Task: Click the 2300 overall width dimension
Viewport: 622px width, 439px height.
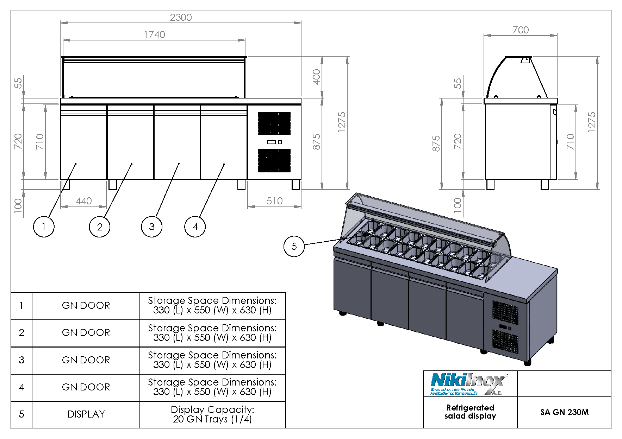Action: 181,17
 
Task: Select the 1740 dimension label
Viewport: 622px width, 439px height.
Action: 154,34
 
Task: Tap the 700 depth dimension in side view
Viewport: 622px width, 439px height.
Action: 521,30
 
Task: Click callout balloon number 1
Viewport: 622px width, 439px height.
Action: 44,227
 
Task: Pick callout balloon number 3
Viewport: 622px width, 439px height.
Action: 151,227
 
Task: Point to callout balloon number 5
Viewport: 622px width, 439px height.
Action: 294,246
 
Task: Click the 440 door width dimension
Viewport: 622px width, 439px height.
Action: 83,201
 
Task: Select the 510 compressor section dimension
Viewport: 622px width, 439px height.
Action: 274,201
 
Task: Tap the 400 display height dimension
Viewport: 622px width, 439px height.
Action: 316,77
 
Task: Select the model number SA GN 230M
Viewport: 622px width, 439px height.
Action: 564,412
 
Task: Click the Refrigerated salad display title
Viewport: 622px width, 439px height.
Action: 470,412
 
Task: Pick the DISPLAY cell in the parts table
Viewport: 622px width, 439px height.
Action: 86,414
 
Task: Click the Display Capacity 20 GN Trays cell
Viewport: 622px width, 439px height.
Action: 212,414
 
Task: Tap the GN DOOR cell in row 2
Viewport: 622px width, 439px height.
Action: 86,333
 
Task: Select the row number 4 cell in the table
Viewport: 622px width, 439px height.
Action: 21,387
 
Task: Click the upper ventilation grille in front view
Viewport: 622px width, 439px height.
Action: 274,123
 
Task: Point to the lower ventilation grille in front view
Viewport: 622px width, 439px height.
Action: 274,161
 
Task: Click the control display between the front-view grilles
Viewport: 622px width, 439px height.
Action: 272,142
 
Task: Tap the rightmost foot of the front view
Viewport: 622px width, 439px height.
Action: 296,184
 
